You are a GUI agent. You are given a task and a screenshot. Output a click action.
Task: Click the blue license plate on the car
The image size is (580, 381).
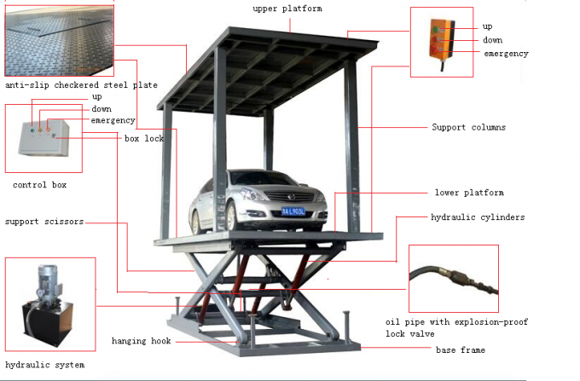point(293,211)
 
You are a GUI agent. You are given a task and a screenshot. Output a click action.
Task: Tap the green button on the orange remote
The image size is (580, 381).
point(436,29)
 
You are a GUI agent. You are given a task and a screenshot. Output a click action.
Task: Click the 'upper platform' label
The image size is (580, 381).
point(287,9)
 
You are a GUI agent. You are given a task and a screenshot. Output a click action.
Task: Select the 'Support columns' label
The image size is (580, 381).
point(468,127)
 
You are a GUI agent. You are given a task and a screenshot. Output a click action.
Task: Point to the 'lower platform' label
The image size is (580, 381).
point(469,193)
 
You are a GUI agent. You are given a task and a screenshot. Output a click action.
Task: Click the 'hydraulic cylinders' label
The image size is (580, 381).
point(478,217)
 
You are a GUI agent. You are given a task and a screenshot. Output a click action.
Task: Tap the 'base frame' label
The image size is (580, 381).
point(461,349)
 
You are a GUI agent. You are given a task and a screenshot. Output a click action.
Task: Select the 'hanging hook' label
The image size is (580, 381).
point(142,341)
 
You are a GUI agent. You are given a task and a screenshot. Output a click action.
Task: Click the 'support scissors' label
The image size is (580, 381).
point(44,222)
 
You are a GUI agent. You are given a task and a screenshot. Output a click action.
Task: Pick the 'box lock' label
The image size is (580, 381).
point(144,139)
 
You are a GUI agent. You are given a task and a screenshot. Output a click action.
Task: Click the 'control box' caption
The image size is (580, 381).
point(39,185)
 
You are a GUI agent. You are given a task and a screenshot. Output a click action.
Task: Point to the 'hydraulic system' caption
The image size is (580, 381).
point(44,365)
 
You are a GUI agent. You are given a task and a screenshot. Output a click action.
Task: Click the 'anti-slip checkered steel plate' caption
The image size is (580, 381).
point(81,85)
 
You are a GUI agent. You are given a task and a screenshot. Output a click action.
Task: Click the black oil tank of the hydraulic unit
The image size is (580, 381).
point(48,322)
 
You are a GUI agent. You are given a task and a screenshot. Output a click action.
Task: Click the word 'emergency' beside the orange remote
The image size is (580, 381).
point(506,54)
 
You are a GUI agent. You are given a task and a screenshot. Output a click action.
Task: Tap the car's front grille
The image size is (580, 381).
point(290,197)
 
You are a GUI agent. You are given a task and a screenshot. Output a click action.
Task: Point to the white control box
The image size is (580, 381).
point(44,138)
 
